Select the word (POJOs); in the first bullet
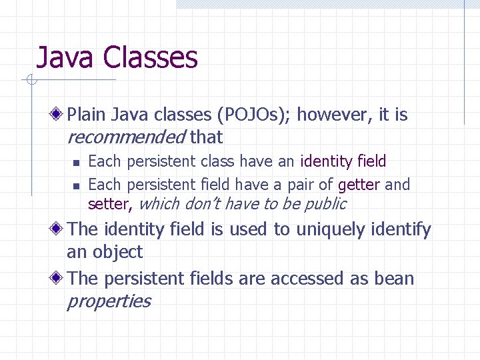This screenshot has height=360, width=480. (254, 115)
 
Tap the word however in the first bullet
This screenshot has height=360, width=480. (334, 115)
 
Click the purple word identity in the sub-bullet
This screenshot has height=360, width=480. (327, 161)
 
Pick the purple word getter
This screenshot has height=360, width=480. (359, 185)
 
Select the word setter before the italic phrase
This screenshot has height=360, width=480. (109, 204)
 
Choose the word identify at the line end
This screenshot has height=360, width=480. (401, 230)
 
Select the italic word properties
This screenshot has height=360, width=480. (109, 301)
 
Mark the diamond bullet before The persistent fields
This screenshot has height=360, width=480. (59, 278)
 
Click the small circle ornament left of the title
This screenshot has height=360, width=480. (31, 81)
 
